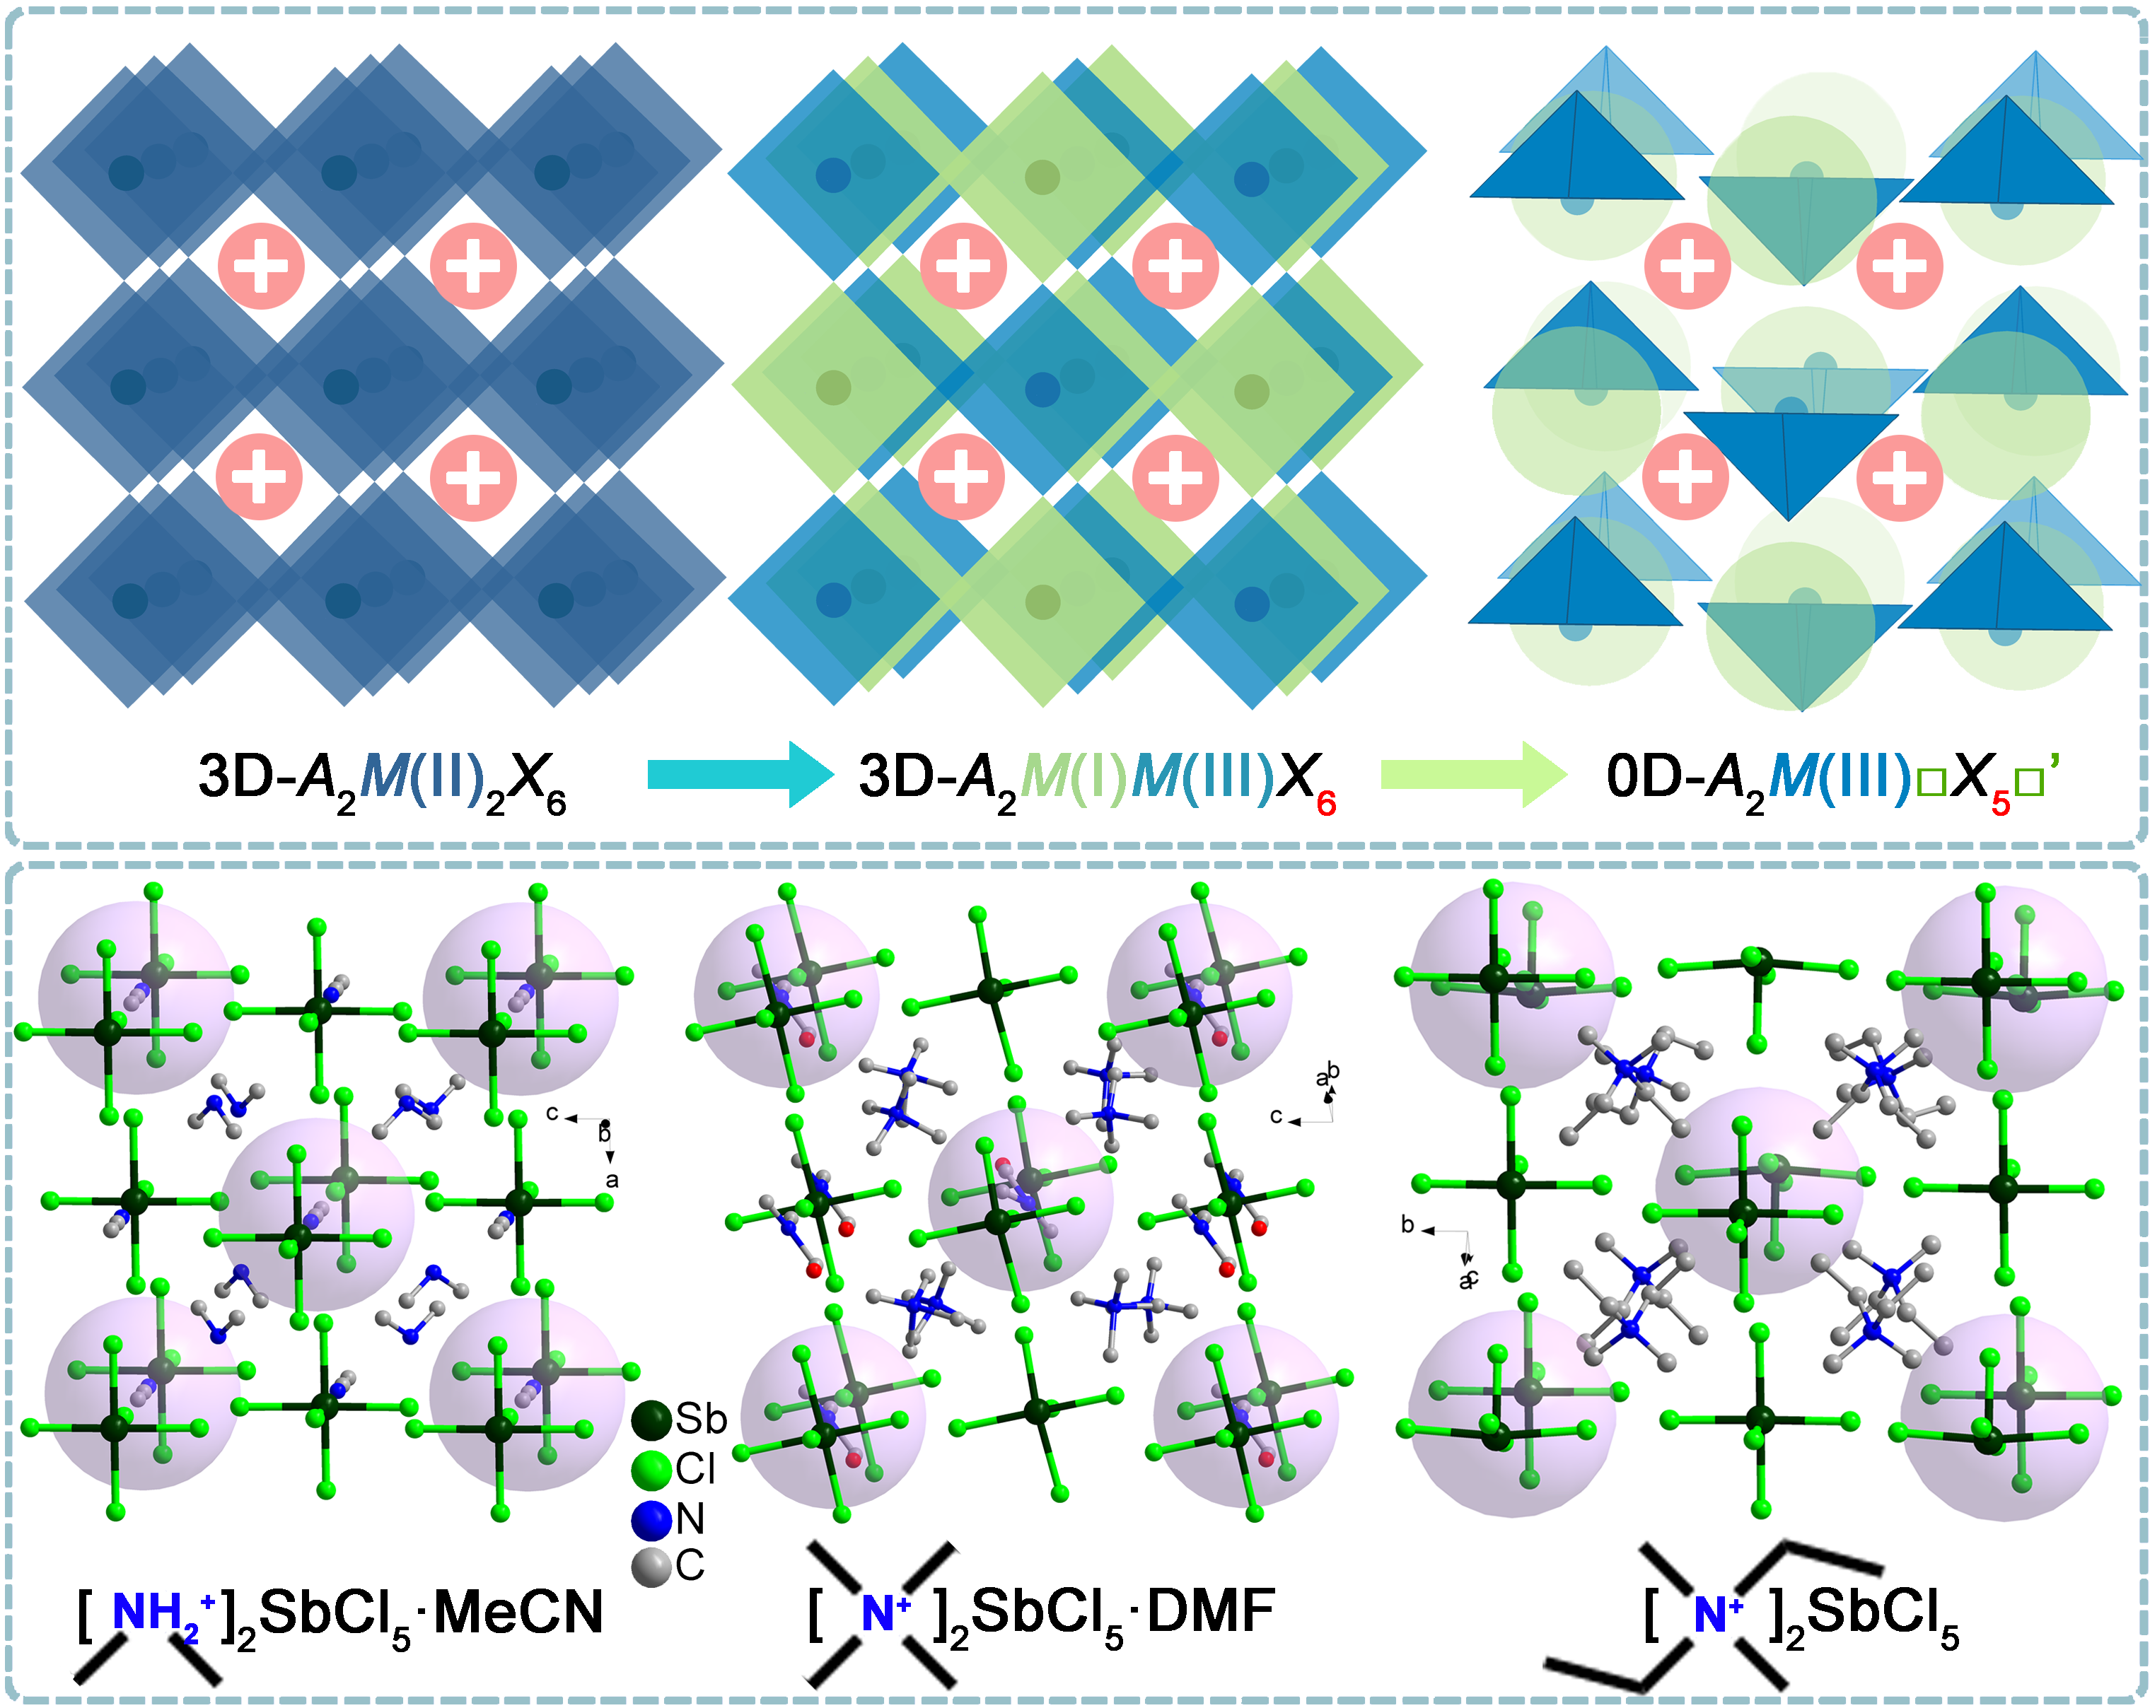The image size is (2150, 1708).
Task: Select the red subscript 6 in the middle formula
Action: click(x=1326, y=802)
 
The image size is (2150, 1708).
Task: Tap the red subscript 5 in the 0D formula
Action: click(x=2000, y=802)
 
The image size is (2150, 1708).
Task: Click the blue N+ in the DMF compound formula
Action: click(x=883, y=1613)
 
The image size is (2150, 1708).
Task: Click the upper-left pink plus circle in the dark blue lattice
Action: click(x=261, y=265)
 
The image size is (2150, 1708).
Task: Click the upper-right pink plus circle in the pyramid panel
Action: click(x=1900, y=265)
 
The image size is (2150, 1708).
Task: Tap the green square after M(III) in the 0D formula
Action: click(x=1931, y=783)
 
